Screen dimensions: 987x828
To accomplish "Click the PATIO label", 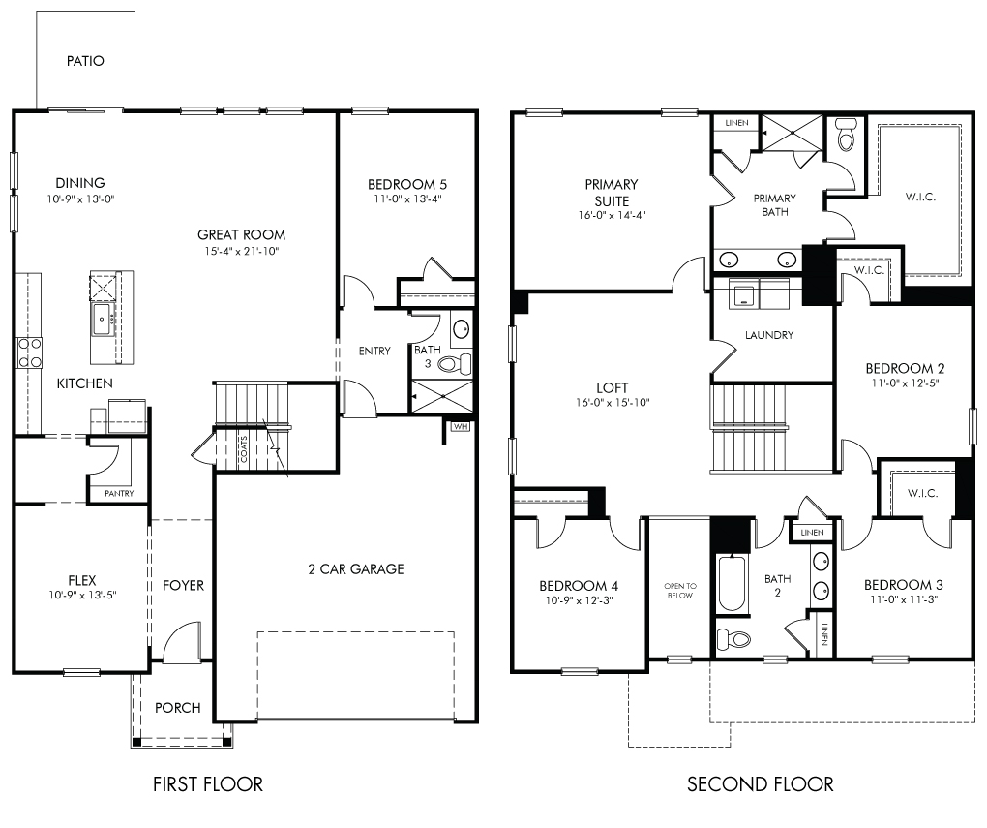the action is tap(85, 61).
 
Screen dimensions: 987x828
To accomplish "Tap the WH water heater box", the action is tap(461, 427).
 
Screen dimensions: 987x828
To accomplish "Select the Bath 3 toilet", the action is tap(455, 363).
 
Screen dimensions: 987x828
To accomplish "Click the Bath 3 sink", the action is tap(462, 328).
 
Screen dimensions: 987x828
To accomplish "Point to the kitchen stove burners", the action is tap(29, 353).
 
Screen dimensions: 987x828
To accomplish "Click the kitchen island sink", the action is tap(103, 319).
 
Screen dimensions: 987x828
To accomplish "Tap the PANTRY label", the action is tap(119, 493).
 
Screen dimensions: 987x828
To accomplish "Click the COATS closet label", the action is tap(244, 448).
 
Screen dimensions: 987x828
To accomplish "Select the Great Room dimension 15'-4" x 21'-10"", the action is tap(242, 251).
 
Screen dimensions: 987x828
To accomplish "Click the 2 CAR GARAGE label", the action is tap(356, 569).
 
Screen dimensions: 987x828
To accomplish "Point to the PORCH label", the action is tap(177, 708).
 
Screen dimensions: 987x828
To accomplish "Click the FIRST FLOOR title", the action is tap(208, 783).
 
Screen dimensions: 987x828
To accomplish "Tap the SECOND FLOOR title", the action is tap(760, 783).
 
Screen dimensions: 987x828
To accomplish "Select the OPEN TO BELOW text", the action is tap(680, 591).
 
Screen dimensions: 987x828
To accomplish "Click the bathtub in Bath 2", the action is tap(731, 583).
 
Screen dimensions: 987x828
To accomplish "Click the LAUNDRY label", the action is tap(769, 335).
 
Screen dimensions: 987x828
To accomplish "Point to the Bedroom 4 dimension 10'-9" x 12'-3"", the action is tap(579, 600).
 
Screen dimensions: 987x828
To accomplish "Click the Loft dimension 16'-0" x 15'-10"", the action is tap(613, 402).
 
